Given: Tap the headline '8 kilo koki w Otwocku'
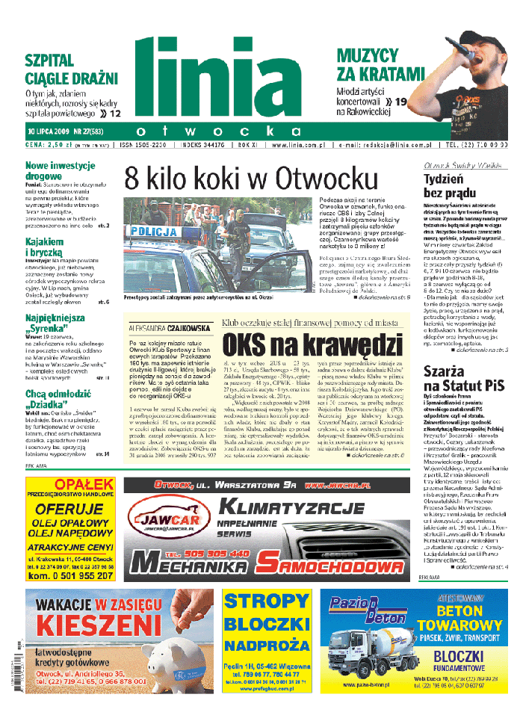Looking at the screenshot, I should (x=251, y=179).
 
